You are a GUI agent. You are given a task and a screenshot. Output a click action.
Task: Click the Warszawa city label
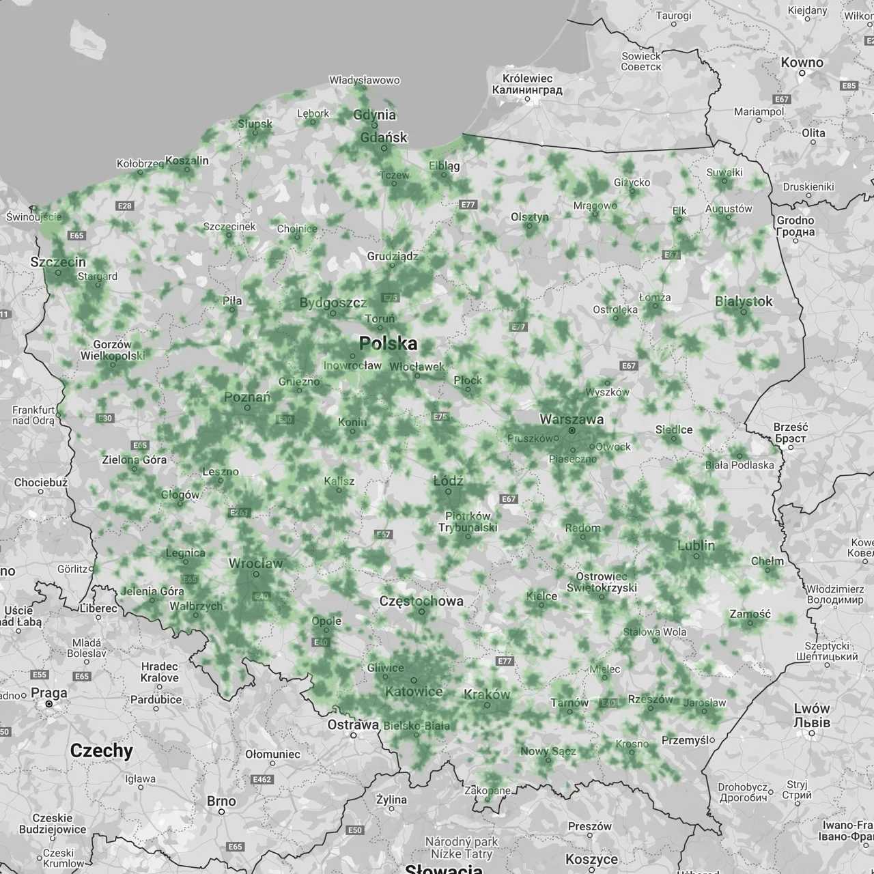pos(572,419)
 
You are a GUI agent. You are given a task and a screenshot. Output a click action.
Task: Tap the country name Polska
pos(388,343)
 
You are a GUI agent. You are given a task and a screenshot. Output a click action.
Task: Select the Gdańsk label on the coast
pos(383,137)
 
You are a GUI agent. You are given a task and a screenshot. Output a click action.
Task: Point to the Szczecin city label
pos(59,262)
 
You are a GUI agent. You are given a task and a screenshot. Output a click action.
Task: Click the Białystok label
pos(744,301)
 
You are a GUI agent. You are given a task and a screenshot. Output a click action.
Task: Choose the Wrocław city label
pos(255,563)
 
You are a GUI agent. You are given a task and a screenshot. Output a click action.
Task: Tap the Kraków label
pos(487,694)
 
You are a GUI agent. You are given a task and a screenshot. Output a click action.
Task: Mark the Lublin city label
pos(696,545)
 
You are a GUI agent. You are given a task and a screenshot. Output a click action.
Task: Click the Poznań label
pos(247,397)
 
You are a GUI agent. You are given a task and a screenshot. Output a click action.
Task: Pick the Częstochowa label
pos(421,601)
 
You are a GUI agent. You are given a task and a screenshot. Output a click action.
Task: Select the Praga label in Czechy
pos(49,692)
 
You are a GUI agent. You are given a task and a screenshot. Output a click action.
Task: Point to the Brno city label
pos(221,801)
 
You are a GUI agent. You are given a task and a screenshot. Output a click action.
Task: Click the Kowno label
pos(802,62)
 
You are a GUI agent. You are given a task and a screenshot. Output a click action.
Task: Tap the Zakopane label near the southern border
pos(487,791)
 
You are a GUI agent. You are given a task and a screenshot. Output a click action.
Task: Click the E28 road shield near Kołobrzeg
pos(125,206)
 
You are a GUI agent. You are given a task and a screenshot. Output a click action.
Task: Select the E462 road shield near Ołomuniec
pos(262,779)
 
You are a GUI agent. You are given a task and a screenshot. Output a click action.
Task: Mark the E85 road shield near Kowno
pos(849,86)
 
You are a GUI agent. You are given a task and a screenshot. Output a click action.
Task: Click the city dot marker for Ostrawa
pos(353,735)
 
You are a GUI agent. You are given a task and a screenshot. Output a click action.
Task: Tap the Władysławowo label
pos(364,81)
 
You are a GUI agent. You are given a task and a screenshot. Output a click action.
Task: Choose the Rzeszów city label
pos(650,699)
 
